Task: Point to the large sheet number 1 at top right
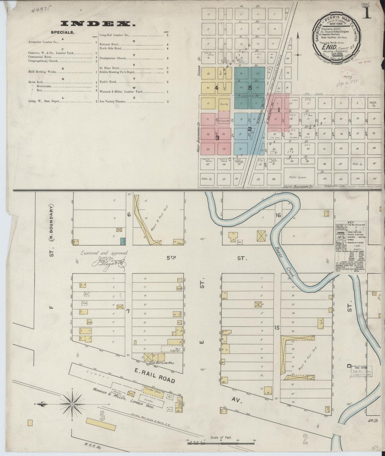(368, 12)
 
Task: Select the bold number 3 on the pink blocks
(217, 138)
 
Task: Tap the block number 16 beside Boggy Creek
(278, 215)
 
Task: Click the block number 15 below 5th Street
(277, 328)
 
